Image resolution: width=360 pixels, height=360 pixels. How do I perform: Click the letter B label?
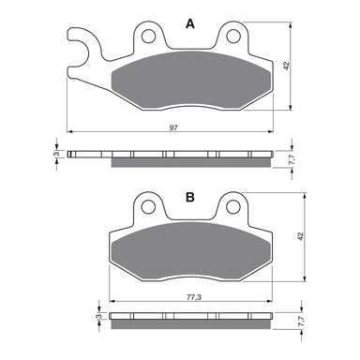click(190, 197)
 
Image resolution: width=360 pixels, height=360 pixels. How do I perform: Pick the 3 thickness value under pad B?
click(97, 320)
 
